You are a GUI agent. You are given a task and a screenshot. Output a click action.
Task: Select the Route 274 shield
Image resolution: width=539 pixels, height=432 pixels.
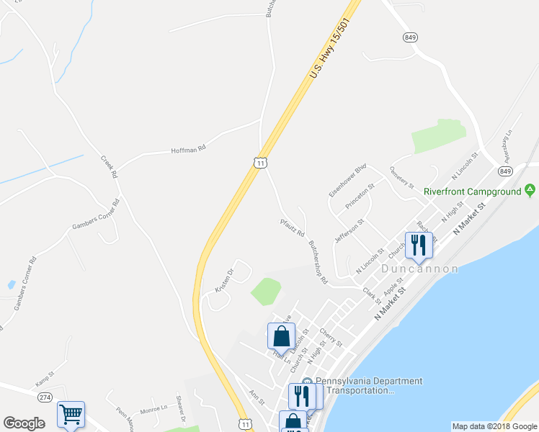point(45,397)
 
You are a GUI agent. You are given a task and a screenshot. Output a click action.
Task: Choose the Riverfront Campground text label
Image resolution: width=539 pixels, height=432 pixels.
point(472,192)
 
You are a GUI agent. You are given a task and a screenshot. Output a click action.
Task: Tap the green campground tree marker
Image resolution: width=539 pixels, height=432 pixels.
point(530,190)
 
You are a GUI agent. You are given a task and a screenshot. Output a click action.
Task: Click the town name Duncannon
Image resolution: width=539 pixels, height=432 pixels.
point(419,269)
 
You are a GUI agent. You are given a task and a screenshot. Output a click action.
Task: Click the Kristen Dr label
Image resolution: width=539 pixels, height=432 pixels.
point(225,280)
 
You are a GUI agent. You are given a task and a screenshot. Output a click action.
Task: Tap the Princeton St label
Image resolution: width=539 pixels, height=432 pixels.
point(360,197)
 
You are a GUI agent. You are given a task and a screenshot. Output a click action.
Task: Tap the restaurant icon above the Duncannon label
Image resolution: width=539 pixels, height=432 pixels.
point(418,246)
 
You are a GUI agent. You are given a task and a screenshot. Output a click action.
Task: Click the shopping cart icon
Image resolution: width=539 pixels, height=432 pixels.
point(71,414)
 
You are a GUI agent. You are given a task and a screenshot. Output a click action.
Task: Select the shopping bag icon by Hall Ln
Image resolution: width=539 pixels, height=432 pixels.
point(281,336)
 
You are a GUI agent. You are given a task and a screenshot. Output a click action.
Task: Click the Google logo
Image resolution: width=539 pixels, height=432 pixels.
point(24,423)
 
